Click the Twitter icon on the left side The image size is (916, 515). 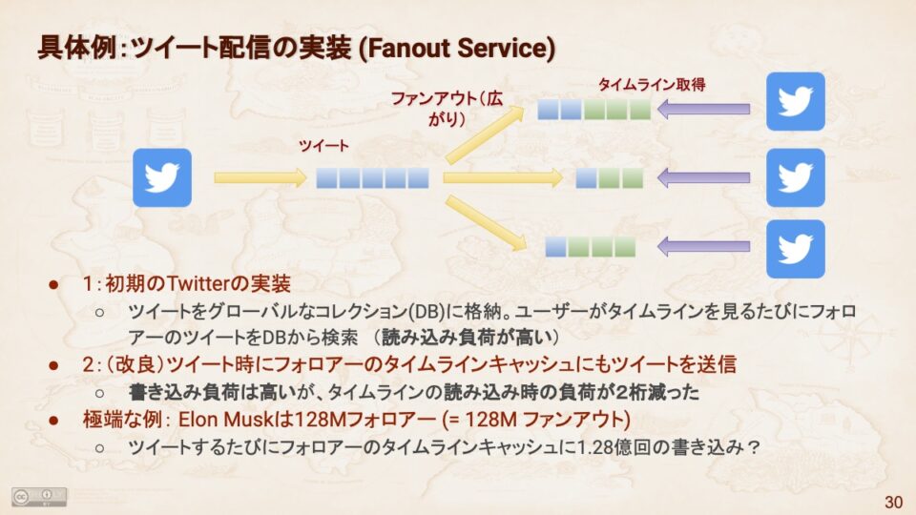[x=162, y=177]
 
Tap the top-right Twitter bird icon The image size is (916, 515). [x=795, y=102]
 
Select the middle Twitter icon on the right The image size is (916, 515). [x=795, y=177]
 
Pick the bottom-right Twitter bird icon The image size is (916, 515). [x=795, y=249]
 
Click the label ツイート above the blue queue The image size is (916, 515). [x=323, y=145]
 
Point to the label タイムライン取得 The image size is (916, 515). [x=652, y=85]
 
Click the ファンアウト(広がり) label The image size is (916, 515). [x=447, y=108]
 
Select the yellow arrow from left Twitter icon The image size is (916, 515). [x=260, y=177]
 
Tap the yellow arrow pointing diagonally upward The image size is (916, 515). [x=485, y=134]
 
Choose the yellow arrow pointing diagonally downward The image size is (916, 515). [x=486, y=223]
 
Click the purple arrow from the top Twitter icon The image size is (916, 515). [x=703, y=109]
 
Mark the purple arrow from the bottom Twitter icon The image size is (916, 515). [x=703, y=246]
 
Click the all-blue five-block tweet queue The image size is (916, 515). [x=372, y=178]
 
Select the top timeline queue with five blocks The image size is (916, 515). [x=593, y=109]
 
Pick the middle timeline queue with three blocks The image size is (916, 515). [x=610, y=178]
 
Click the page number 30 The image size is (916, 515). [x=893, y=502]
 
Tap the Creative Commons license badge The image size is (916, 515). [x=39, y=496]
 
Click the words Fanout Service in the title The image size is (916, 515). [x=458, y=48]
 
